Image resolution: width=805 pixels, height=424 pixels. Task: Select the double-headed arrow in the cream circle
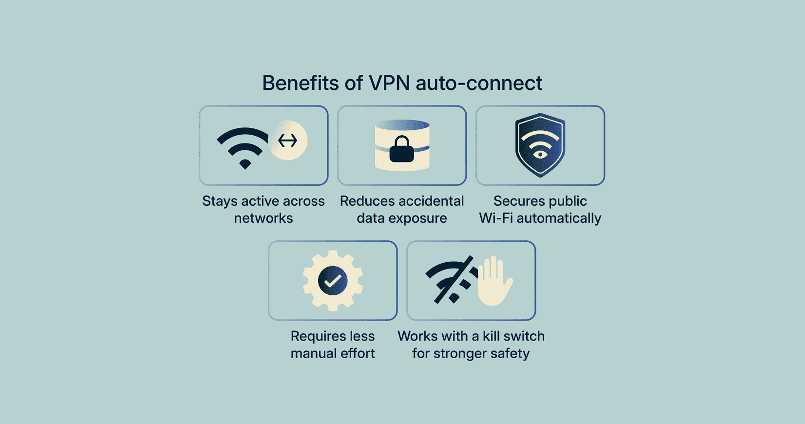coord(288,140)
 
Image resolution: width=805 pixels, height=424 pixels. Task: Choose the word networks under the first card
coord(263,218)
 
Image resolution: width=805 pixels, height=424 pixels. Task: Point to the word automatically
coord(559,218)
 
